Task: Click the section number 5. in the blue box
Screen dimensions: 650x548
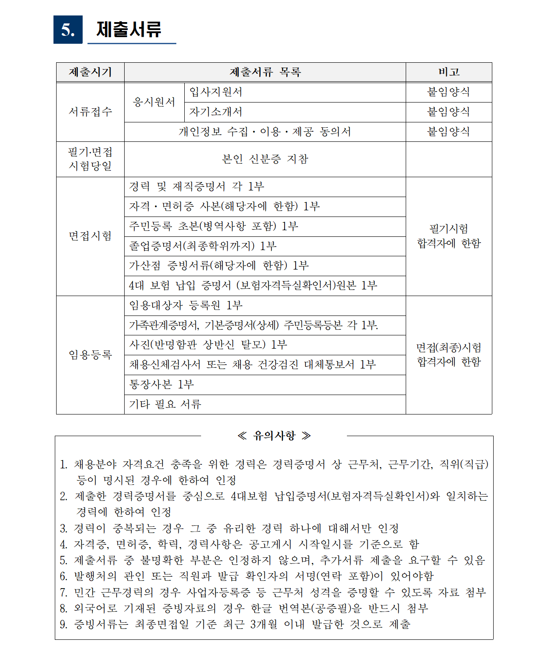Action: coord(68,30)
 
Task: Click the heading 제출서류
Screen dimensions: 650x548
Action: coord(129,29)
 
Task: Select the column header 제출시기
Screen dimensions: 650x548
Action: coord(90,72)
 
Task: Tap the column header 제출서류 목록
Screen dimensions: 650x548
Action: coord(265,72)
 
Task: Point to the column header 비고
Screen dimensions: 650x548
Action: coord(449,72)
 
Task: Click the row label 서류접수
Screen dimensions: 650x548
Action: coord(90,112)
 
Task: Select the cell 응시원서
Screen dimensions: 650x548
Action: coord(154,102)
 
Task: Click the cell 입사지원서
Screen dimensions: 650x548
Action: coord(216,92)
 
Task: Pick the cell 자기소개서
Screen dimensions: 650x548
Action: coord(216,112)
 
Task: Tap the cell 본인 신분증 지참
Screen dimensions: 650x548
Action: coord(265,159)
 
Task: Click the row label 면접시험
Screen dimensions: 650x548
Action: coord(90,236)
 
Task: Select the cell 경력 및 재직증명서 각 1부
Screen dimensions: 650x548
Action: coord(196,187)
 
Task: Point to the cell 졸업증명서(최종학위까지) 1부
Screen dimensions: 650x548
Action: coord(202,246)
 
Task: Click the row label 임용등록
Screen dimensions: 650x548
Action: coord(90,355)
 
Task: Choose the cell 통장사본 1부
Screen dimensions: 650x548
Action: coord(161,385)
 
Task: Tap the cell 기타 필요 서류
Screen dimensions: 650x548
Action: coord(165,404)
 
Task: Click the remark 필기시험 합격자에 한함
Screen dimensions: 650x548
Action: coord(449,236)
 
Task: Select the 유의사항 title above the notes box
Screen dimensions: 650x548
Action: coord(274,436)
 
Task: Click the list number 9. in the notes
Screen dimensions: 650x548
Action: coord(64,625)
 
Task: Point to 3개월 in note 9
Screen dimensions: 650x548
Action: coord(264,625)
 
